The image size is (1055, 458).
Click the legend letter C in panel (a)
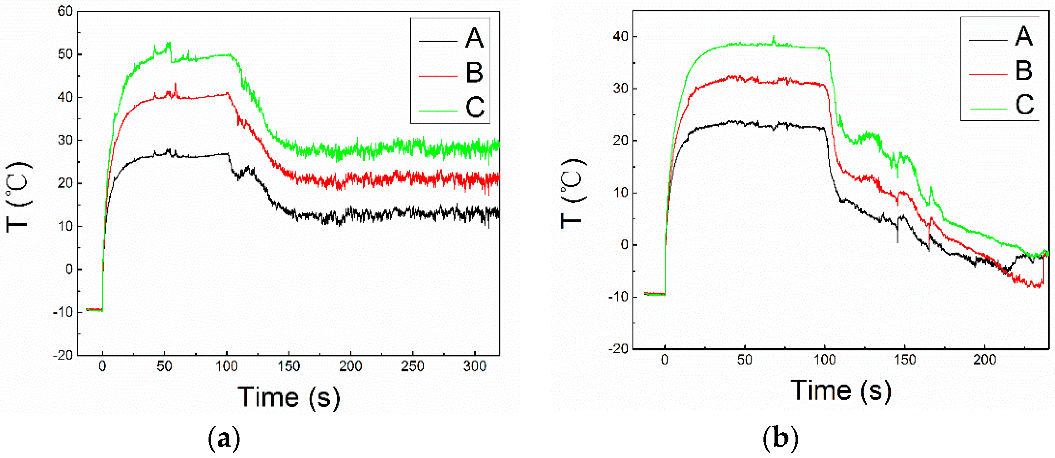pos(475,107)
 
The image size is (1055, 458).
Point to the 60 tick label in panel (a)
pos(65,11)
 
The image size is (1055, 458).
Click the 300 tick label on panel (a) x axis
pos(474,366)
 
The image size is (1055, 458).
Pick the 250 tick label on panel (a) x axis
pos(412,366)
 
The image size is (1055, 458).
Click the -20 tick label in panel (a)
pos(62,355)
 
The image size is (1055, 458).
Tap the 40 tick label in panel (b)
pos(620,36)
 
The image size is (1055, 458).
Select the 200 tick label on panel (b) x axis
pos(984,360)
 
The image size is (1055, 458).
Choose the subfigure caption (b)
pos(780,438)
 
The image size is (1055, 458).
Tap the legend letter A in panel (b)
pos(1024,36)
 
